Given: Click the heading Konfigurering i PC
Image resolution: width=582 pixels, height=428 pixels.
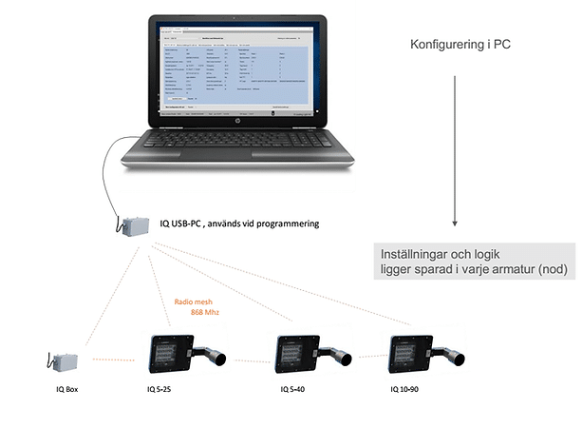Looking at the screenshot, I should (460, 45).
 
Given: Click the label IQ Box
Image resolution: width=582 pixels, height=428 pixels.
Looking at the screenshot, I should (65, 390).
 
